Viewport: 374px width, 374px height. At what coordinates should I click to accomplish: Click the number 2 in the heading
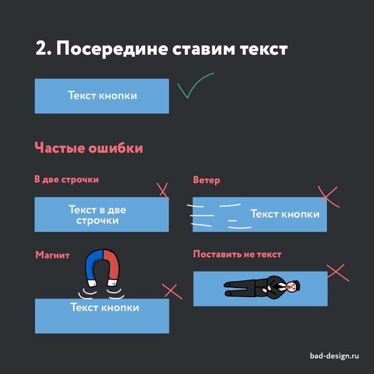[41, 49]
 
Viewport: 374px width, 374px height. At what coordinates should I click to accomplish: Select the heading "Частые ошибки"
[89, 147]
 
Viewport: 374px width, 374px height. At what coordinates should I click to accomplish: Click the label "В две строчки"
[67, 180]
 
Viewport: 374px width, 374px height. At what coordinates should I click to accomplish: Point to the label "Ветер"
[206, 180]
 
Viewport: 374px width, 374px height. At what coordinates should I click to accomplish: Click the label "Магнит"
[52, 255]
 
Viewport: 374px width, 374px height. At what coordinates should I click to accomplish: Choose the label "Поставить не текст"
[237, 254]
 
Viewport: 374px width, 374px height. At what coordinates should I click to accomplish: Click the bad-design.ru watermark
[334, 356]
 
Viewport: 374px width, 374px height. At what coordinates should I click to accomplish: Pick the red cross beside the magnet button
[171, 291]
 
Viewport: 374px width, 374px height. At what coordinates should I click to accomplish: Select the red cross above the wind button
[328, 196]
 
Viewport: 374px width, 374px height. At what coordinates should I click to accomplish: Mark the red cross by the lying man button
[337, 272]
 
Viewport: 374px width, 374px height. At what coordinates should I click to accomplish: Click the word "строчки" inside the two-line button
[97, 220]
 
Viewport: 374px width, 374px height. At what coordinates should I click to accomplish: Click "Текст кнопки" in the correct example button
[102, 96]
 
